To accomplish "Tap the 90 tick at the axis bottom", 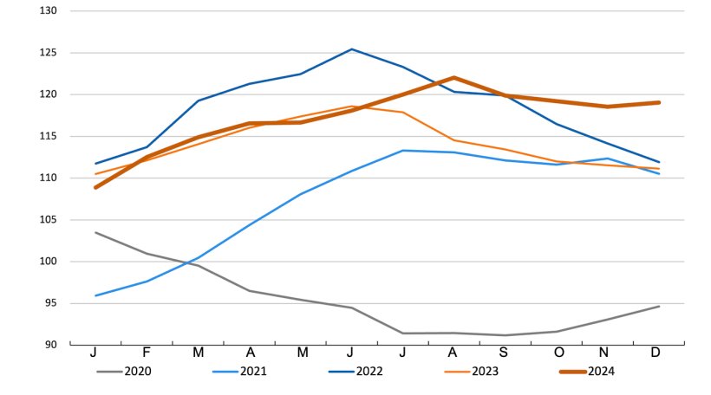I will [x=50, y=345].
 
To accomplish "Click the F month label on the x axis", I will [x=147, y=354].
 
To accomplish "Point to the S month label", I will [x=506, y=354].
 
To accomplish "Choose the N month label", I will [x=608, y=354].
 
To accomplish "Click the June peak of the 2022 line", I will [x=351, y=49].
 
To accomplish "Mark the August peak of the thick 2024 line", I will [x=453, y=78].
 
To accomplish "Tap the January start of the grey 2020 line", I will [x=95, y=232].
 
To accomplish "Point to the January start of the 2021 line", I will [x=95, y=295].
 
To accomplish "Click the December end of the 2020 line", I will [x=659, y=306].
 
